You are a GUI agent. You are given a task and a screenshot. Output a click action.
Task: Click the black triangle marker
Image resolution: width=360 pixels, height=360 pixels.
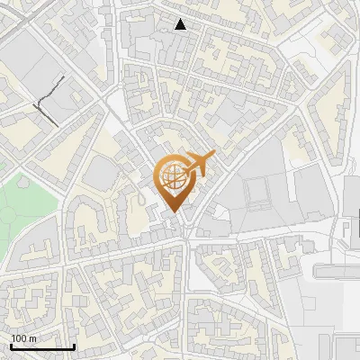pyautogui.click(x=181, y=25)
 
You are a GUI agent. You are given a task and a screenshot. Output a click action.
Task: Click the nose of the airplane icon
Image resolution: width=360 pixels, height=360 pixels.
pyautogui.click(x=213, y=156)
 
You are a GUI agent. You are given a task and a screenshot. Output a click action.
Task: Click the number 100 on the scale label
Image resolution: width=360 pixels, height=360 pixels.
pyautogui.click(x=18, y=338)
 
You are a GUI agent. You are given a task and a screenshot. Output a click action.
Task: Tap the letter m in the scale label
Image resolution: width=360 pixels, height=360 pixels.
pyautogui.click(x=32, y=338)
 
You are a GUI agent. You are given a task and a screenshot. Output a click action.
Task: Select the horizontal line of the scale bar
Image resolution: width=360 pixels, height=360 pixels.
pyautogui.click(x=41, y=346)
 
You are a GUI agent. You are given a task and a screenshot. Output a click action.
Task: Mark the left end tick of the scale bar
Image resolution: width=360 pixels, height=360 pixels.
pyautogui.click(x=10, y=344)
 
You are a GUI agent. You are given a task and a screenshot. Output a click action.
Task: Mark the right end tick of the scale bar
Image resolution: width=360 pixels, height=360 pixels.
pyautogui.click(x=74, y=344)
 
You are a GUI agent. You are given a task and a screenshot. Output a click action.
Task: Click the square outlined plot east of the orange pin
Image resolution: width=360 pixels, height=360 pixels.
pyautogui.click(x=257, y=191)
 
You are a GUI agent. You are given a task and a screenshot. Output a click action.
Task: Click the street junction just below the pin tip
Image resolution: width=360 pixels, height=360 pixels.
pyautogui.click(x=184, y=236)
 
